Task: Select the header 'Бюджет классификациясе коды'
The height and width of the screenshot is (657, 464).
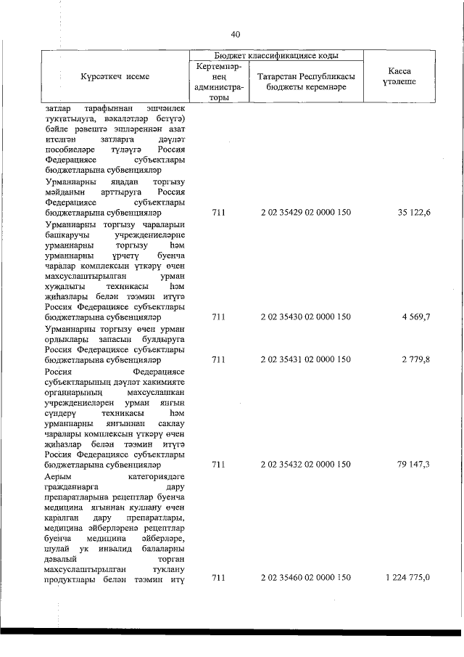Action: point(278,55)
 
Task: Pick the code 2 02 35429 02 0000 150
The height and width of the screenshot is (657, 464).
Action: point(305,213)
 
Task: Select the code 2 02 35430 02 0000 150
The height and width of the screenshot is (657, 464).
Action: point(305,317)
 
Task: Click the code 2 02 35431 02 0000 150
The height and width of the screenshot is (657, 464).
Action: point(305,359)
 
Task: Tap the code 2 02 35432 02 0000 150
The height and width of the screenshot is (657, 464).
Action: point(305,463)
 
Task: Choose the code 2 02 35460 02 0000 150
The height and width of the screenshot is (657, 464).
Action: point(305,577)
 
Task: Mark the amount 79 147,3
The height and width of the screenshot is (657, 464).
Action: point(414,463)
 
